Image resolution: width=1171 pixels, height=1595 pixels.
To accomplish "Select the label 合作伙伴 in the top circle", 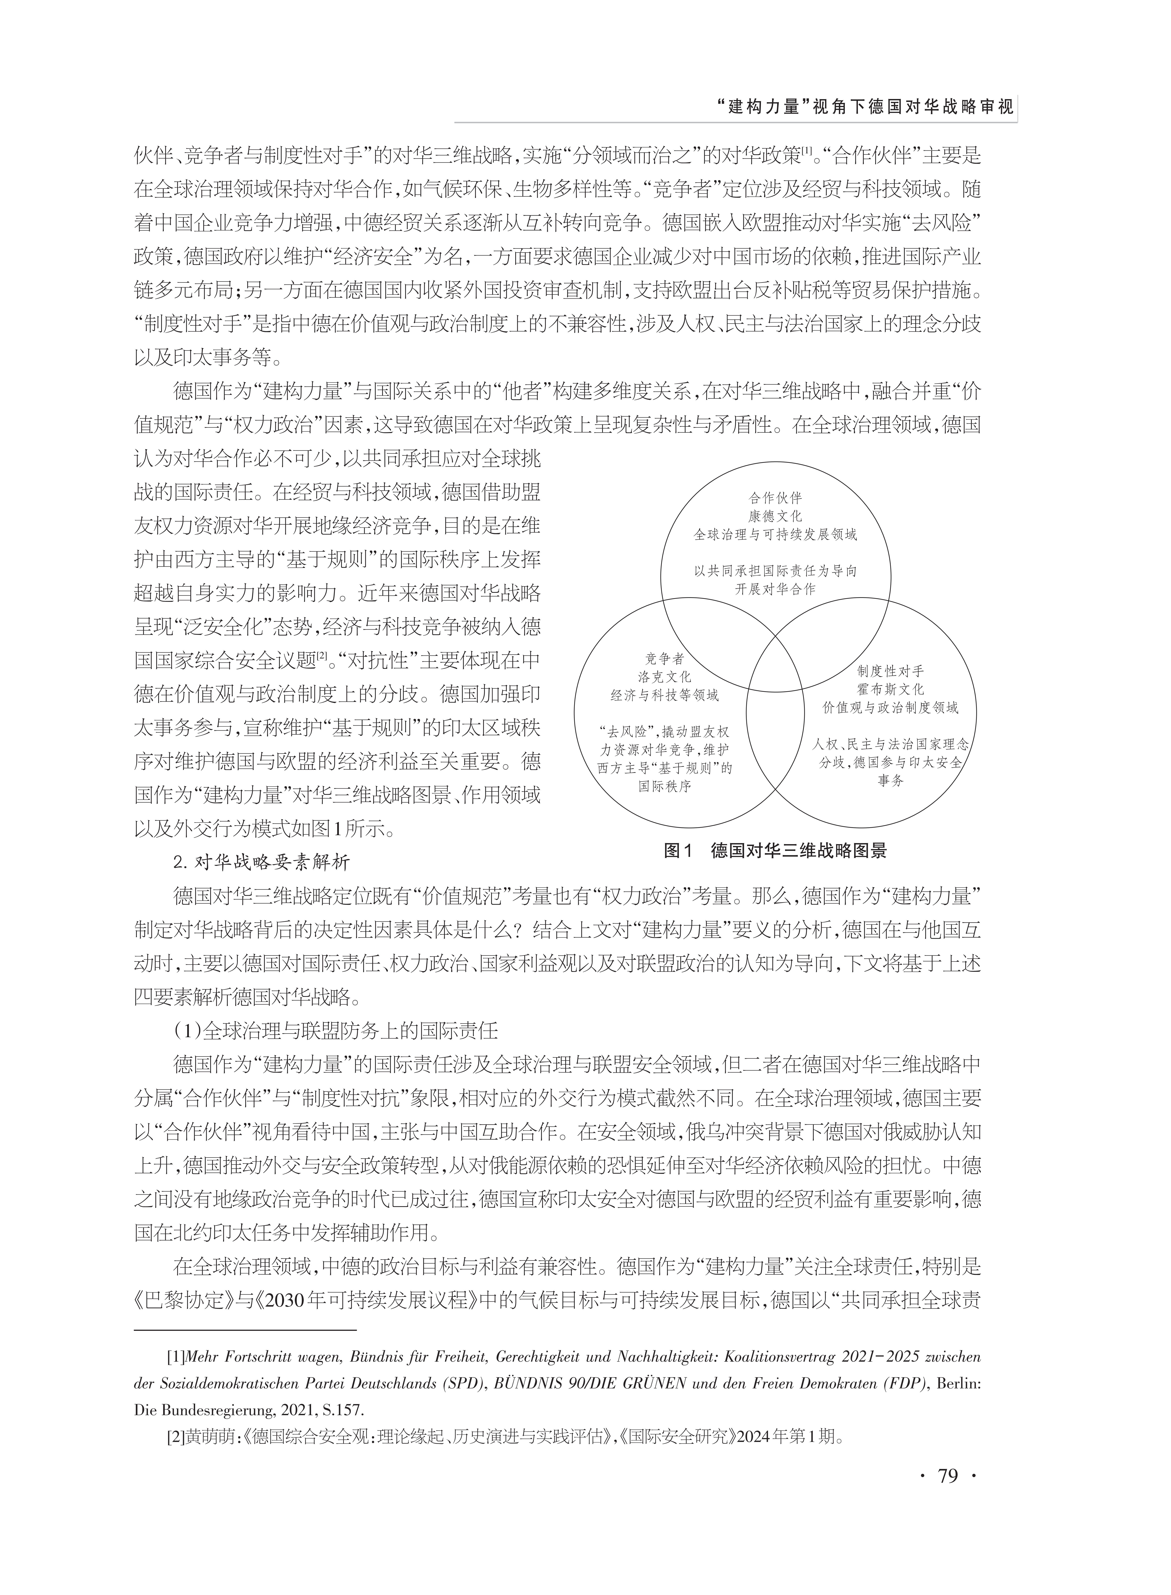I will (x=775, y=498).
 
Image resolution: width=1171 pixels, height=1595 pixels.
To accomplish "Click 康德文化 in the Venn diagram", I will (x=775, y=516).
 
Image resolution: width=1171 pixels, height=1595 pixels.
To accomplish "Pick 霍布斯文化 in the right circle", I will (x=890, y=689).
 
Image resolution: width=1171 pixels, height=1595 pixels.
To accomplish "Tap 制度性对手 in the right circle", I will (x=890, y=671).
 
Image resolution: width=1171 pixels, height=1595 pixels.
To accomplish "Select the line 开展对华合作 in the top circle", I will (x=775, y=589).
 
